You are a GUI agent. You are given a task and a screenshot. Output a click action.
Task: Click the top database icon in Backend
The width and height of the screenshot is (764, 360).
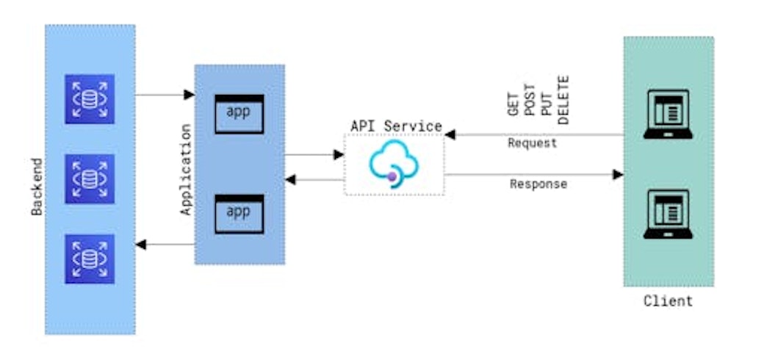coord(89,98)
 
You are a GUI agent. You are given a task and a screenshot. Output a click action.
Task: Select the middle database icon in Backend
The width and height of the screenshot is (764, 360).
coord(89,179)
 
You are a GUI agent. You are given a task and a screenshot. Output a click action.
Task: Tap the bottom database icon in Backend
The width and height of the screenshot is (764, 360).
coord(89,259)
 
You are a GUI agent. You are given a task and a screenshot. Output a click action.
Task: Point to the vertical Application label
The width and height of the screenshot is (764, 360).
coord(186,170)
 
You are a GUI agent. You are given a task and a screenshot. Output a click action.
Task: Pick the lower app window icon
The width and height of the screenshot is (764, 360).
coord(239,214)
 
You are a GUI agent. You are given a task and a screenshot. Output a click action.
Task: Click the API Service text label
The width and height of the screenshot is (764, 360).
coord(396,126)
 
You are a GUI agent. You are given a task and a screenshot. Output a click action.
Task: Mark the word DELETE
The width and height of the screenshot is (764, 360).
coord(563,99)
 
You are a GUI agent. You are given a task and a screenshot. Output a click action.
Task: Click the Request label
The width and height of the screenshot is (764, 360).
coord(532,143)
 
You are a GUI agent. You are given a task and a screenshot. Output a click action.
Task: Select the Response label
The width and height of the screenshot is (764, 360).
coord(538,184)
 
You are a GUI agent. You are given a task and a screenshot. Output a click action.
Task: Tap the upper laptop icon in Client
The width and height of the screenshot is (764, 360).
coord(667,115)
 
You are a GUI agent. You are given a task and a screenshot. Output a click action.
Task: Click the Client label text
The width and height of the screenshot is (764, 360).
coord(668,301)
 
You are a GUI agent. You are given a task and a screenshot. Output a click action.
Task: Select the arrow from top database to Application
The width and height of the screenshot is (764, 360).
coord(165,95)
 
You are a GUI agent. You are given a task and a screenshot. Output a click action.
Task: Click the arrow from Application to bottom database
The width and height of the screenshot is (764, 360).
coord(165,244)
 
